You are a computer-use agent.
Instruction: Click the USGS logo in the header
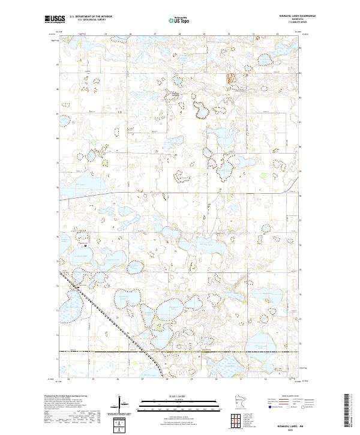point(55,20)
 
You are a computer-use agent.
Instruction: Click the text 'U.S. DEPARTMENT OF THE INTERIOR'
point(91,17)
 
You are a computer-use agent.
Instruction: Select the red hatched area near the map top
point(230,77)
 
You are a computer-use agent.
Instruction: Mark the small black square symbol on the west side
point(86,245)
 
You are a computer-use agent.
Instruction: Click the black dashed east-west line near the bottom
point(180,351)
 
